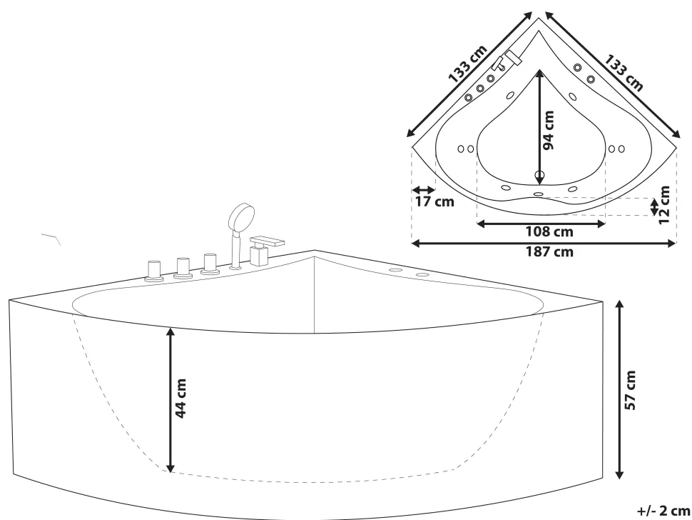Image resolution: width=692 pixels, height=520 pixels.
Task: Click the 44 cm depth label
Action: (x=181, y=398)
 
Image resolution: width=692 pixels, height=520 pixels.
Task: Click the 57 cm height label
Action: (x=631, y=390)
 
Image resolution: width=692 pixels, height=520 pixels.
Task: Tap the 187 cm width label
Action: (x=549, y=252)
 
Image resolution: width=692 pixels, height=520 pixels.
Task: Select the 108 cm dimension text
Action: (x=549, y=231)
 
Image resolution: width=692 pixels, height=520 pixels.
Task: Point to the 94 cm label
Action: (x=548, y=130)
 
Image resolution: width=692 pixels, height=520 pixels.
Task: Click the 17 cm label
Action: (x=434, y=202)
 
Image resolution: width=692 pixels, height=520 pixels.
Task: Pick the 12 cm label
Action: (x=663, y=205)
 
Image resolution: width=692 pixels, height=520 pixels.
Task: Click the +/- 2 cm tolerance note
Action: (x=663, y=511)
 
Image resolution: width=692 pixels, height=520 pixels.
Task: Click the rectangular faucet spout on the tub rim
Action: (x=267, y=241)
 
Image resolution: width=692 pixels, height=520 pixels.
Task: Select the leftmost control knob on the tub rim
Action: (x=153, y=271)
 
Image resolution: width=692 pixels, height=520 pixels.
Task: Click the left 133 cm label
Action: (x=468, y=64)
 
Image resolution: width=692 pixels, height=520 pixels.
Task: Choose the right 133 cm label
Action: (x=623, y=72)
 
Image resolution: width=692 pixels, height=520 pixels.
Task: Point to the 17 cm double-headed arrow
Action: (x=424, y=190)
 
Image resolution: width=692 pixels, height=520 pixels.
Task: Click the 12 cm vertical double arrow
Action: (x=654, y=206)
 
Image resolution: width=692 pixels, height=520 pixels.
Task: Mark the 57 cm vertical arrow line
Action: (x=619, y=389)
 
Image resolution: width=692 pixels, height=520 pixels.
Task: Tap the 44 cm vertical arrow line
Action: (x=171, y=400)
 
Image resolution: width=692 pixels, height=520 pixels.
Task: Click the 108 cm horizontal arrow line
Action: (x=541, y=224)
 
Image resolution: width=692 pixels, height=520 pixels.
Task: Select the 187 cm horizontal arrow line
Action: (x=544, y=243)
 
